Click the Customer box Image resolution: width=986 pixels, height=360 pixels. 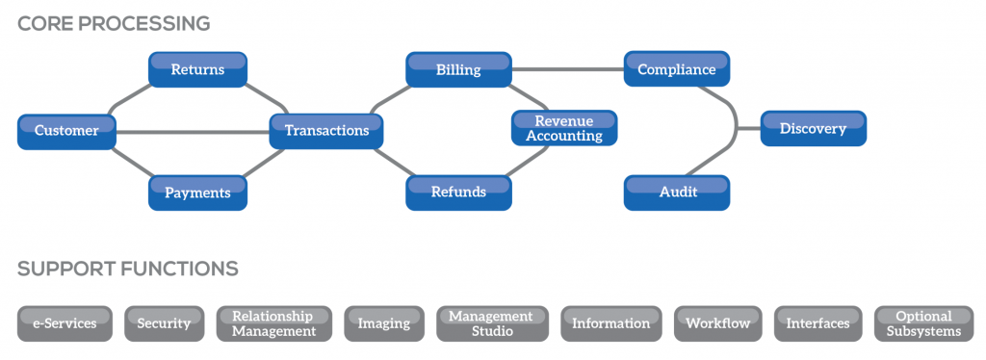[66, 131]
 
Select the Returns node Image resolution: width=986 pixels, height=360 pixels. [197, 69]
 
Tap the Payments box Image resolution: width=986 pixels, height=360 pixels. [197, 193]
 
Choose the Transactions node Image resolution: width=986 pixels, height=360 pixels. [326, 131]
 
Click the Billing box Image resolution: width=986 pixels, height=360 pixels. [458, 69]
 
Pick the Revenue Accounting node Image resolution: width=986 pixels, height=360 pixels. [563, 128]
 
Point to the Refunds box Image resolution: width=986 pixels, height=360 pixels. [458, 193]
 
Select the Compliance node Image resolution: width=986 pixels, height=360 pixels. [677, 69]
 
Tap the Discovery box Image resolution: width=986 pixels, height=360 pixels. [813, 129]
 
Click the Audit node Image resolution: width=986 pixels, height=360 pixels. [677, 193]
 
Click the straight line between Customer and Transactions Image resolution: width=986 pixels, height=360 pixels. [193, 132]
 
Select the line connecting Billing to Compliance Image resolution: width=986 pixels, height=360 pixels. [568, 69]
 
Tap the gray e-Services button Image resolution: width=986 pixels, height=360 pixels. [65, 323]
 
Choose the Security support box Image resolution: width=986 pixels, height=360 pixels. [164, 323]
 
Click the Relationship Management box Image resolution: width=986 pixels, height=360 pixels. [273, 323]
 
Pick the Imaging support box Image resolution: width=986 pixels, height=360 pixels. [383, 323]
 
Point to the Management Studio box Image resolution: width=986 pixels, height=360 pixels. [490, 323]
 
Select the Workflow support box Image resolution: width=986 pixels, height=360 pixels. [717, 323]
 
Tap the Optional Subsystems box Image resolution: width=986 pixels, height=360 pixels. [923, 323]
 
